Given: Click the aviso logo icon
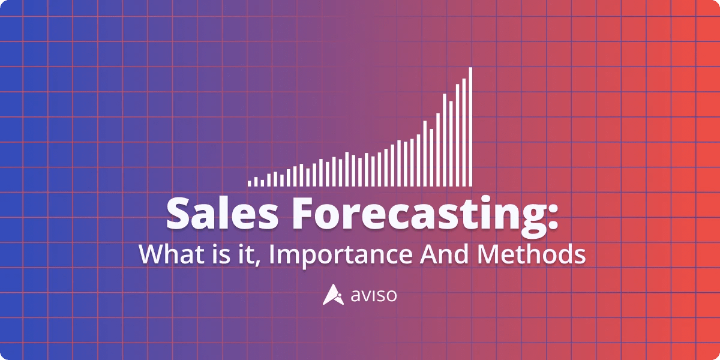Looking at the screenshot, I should pos(332,295).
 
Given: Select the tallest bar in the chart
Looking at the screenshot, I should pos(471,126).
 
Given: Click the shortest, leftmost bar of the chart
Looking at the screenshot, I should pos(250,182).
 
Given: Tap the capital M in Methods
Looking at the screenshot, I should pos(490,254).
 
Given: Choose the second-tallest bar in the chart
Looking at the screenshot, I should pos(464,132).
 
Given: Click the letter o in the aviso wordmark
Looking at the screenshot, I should pos(391,296).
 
